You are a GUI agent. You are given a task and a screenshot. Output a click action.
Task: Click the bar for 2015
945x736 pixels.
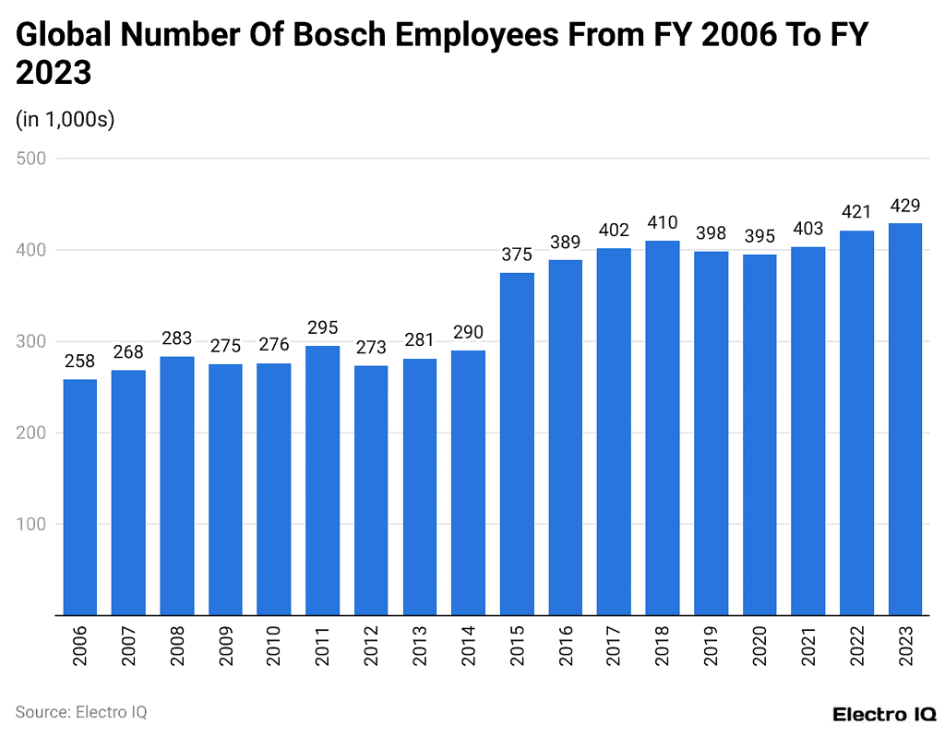click(517, 443)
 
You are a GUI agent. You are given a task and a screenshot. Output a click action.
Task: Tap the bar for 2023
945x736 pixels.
click(905, 419)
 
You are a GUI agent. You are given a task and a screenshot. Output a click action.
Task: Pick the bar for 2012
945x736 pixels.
click(371, 490)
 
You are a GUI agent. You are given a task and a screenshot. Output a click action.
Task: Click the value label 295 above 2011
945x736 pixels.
click(323, 327)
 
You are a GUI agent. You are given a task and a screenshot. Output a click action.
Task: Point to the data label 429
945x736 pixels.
click(905, 205)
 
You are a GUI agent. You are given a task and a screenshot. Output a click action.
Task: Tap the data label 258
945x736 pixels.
click(79, 362)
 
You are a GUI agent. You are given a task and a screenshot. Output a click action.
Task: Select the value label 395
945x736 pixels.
click(760, 236)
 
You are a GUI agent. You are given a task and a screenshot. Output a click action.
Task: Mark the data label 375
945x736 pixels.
click(517, 255)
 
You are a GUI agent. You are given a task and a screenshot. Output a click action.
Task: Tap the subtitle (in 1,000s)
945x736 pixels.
click(66, 120)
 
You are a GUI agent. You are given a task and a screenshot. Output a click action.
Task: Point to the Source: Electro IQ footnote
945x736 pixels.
click(81, 712)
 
